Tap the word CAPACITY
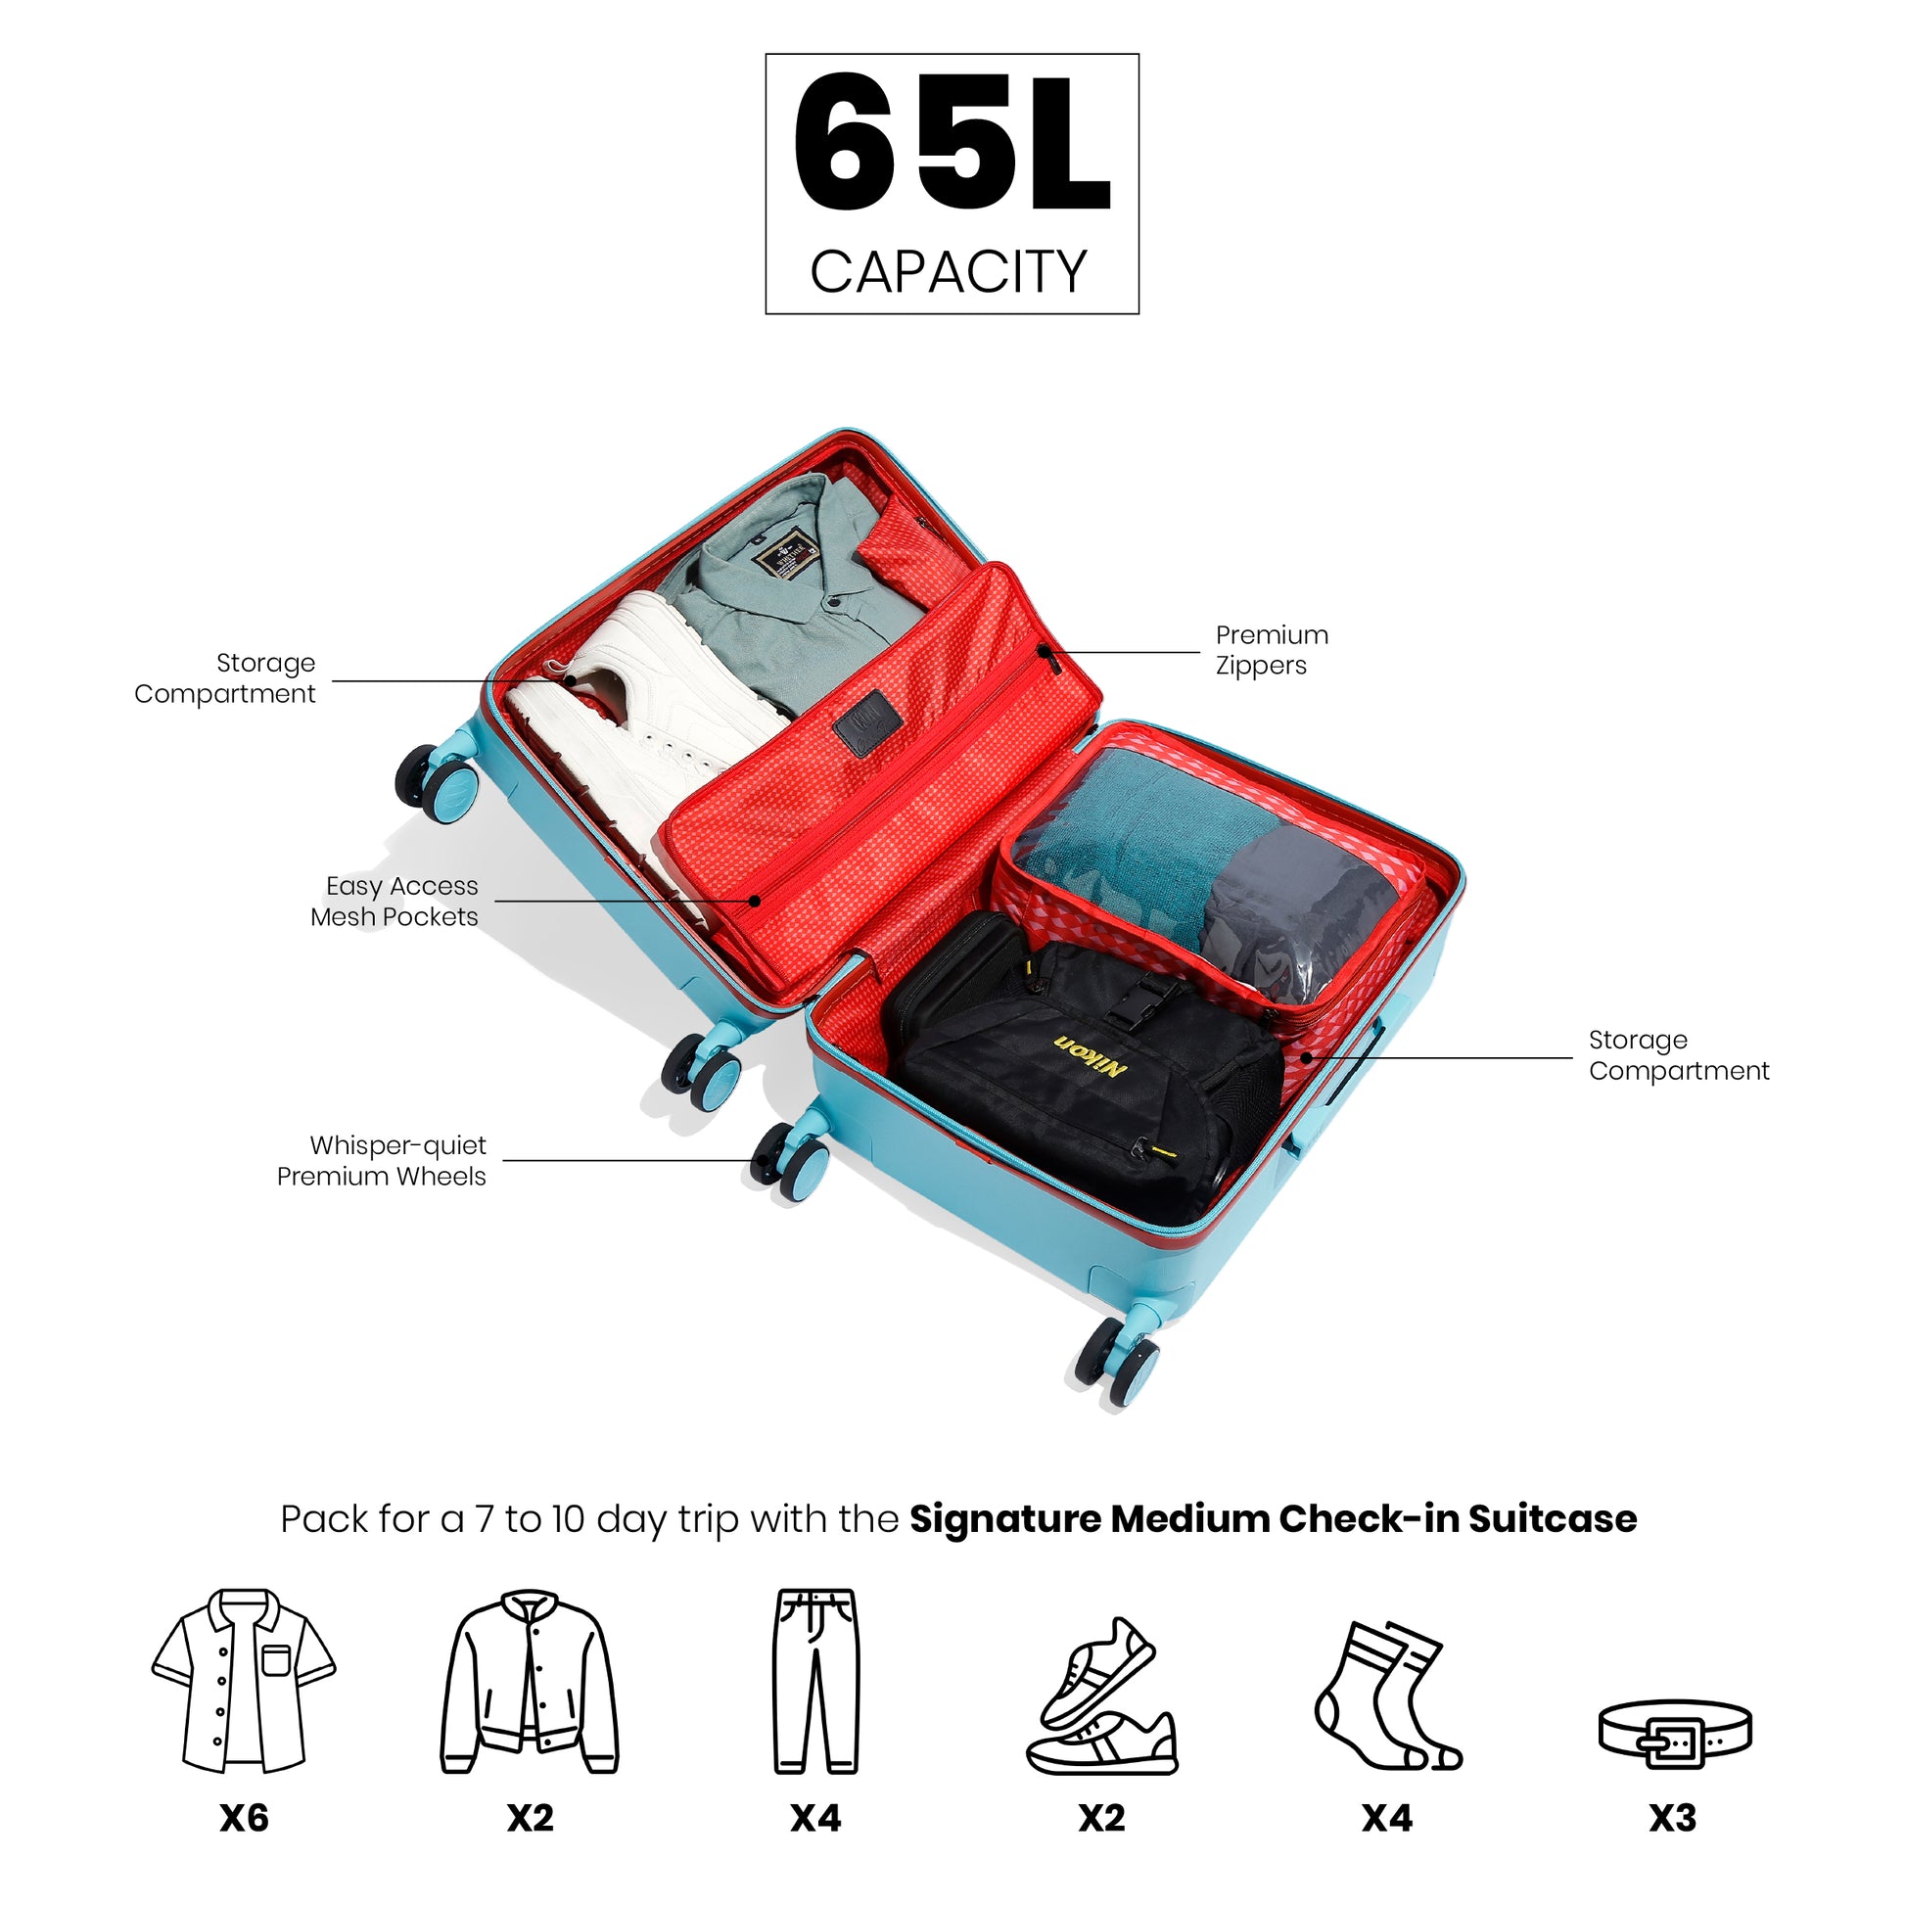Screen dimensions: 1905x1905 (x=949, y=272)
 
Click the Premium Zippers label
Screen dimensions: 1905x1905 (x=1271, y=650)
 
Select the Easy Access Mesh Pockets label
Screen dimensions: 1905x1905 (x=395, y=902)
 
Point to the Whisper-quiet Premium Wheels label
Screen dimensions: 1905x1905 (x=382, y=1161)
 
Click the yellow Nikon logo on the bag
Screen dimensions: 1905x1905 (x=1091, y=1056)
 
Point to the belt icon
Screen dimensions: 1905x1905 (x=1673, y=1734)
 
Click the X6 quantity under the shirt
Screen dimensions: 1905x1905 (x=245, y=1817)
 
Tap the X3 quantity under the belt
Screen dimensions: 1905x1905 (x=1673, y=1817)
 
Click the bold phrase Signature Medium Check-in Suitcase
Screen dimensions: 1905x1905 (x=1272, y=1519)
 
